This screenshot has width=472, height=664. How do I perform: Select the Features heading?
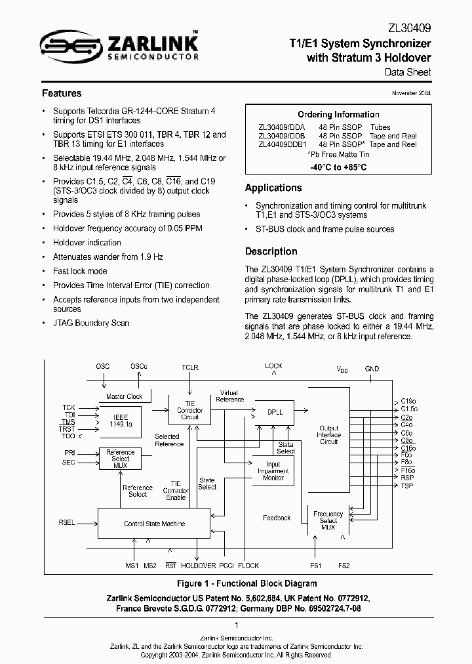[62, 93]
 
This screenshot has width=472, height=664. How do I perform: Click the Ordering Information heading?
[338, 114]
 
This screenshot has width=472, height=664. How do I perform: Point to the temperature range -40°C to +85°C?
[338, 167]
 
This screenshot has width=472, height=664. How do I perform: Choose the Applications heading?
[273, 188]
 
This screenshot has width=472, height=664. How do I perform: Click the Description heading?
[271, 251]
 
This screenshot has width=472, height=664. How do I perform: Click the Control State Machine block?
[154, 524]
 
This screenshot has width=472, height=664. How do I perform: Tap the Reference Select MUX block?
[121, 459]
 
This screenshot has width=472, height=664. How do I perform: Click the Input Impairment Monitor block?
[273, 470]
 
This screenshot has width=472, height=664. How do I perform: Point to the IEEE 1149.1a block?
[121, 421]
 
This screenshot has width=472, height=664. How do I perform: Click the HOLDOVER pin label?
[199, 566]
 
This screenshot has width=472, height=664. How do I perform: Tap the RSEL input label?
[66, 522]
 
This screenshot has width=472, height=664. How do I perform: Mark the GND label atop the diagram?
[372, 369]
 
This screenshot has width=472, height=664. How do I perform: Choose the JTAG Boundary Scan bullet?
[91, 323]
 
